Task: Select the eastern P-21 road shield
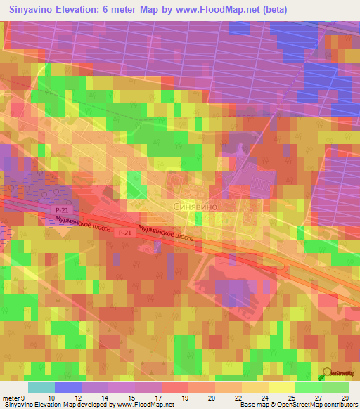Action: [x=125, y=233]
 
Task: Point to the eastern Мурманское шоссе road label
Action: [x=166, y=234]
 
